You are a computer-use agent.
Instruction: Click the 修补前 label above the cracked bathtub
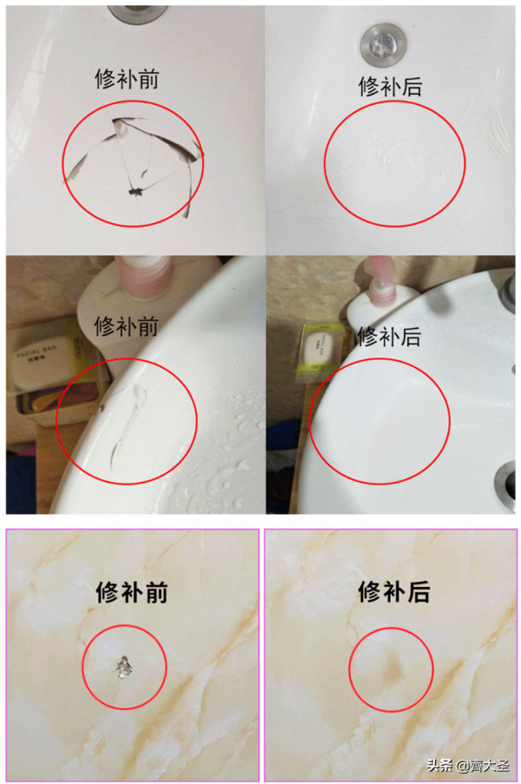point(126,79)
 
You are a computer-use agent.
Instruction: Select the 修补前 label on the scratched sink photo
point(126,326)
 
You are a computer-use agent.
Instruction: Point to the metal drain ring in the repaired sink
point(506,480)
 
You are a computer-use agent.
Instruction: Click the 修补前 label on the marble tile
point(130,592)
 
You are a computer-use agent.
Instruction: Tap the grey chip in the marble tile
point(125,668)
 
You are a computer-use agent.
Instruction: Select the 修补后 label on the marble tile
point(393,592)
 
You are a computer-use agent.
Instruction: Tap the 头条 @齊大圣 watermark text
point(465,766)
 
